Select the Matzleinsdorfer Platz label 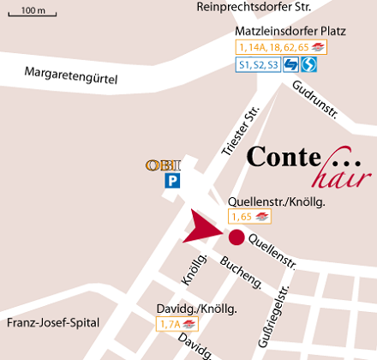(x=290, y=32)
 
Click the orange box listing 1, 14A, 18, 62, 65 (x=282, y=47)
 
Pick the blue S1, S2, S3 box (x=258, y=64)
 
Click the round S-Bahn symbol (x=310, y=64)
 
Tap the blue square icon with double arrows (x=290, y=64)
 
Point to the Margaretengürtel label (x=70, y=75)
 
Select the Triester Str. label (x=240, y=133)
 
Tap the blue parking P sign (x=172, y=181)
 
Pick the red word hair (x=331, y=178)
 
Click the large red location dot (x=236, y=237)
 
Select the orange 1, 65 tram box (x=249, y=216)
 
